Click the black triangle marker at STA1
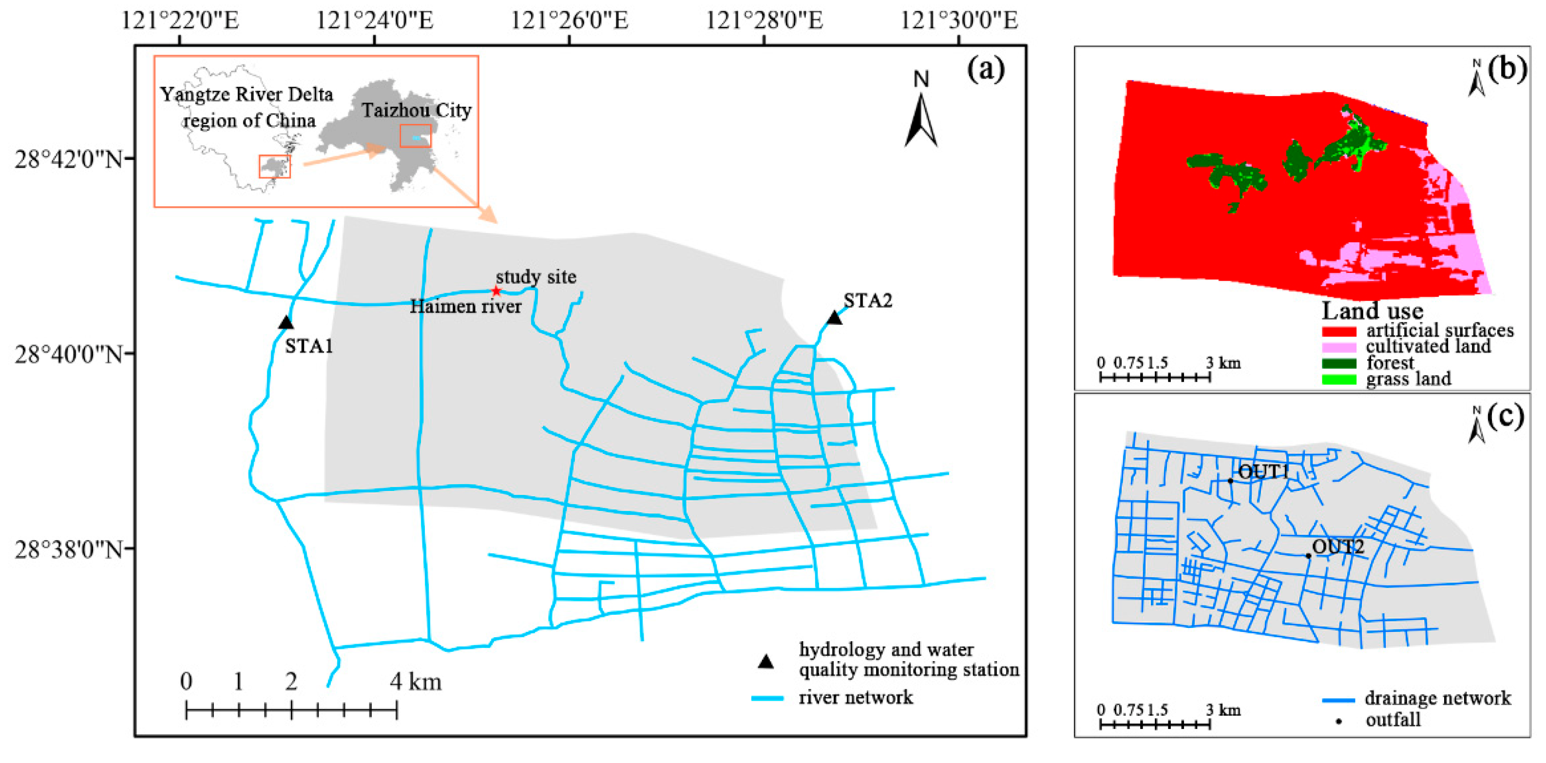[x=286, y=323]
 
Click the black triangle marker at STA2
[x=834, y=318]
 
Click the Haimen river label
[x=465, y=307]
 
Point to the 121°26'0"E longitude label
[x=569, y=21]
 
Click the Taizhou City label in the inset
[x=416, y=111]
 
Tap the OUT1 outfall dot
[x=1230, y=481]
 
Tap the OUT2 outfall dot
[x=1308, y=556]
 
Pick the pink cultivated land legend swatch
[x=1339, y=348]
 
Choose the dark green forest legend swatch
[x=1339, y=364]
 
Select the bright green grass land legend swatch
[x=1339, y=380]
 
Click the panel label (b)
[x=1507, y=69]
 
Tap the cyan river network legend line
[x=767, y=698]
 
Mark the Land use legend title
[x=1372, y=311]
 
